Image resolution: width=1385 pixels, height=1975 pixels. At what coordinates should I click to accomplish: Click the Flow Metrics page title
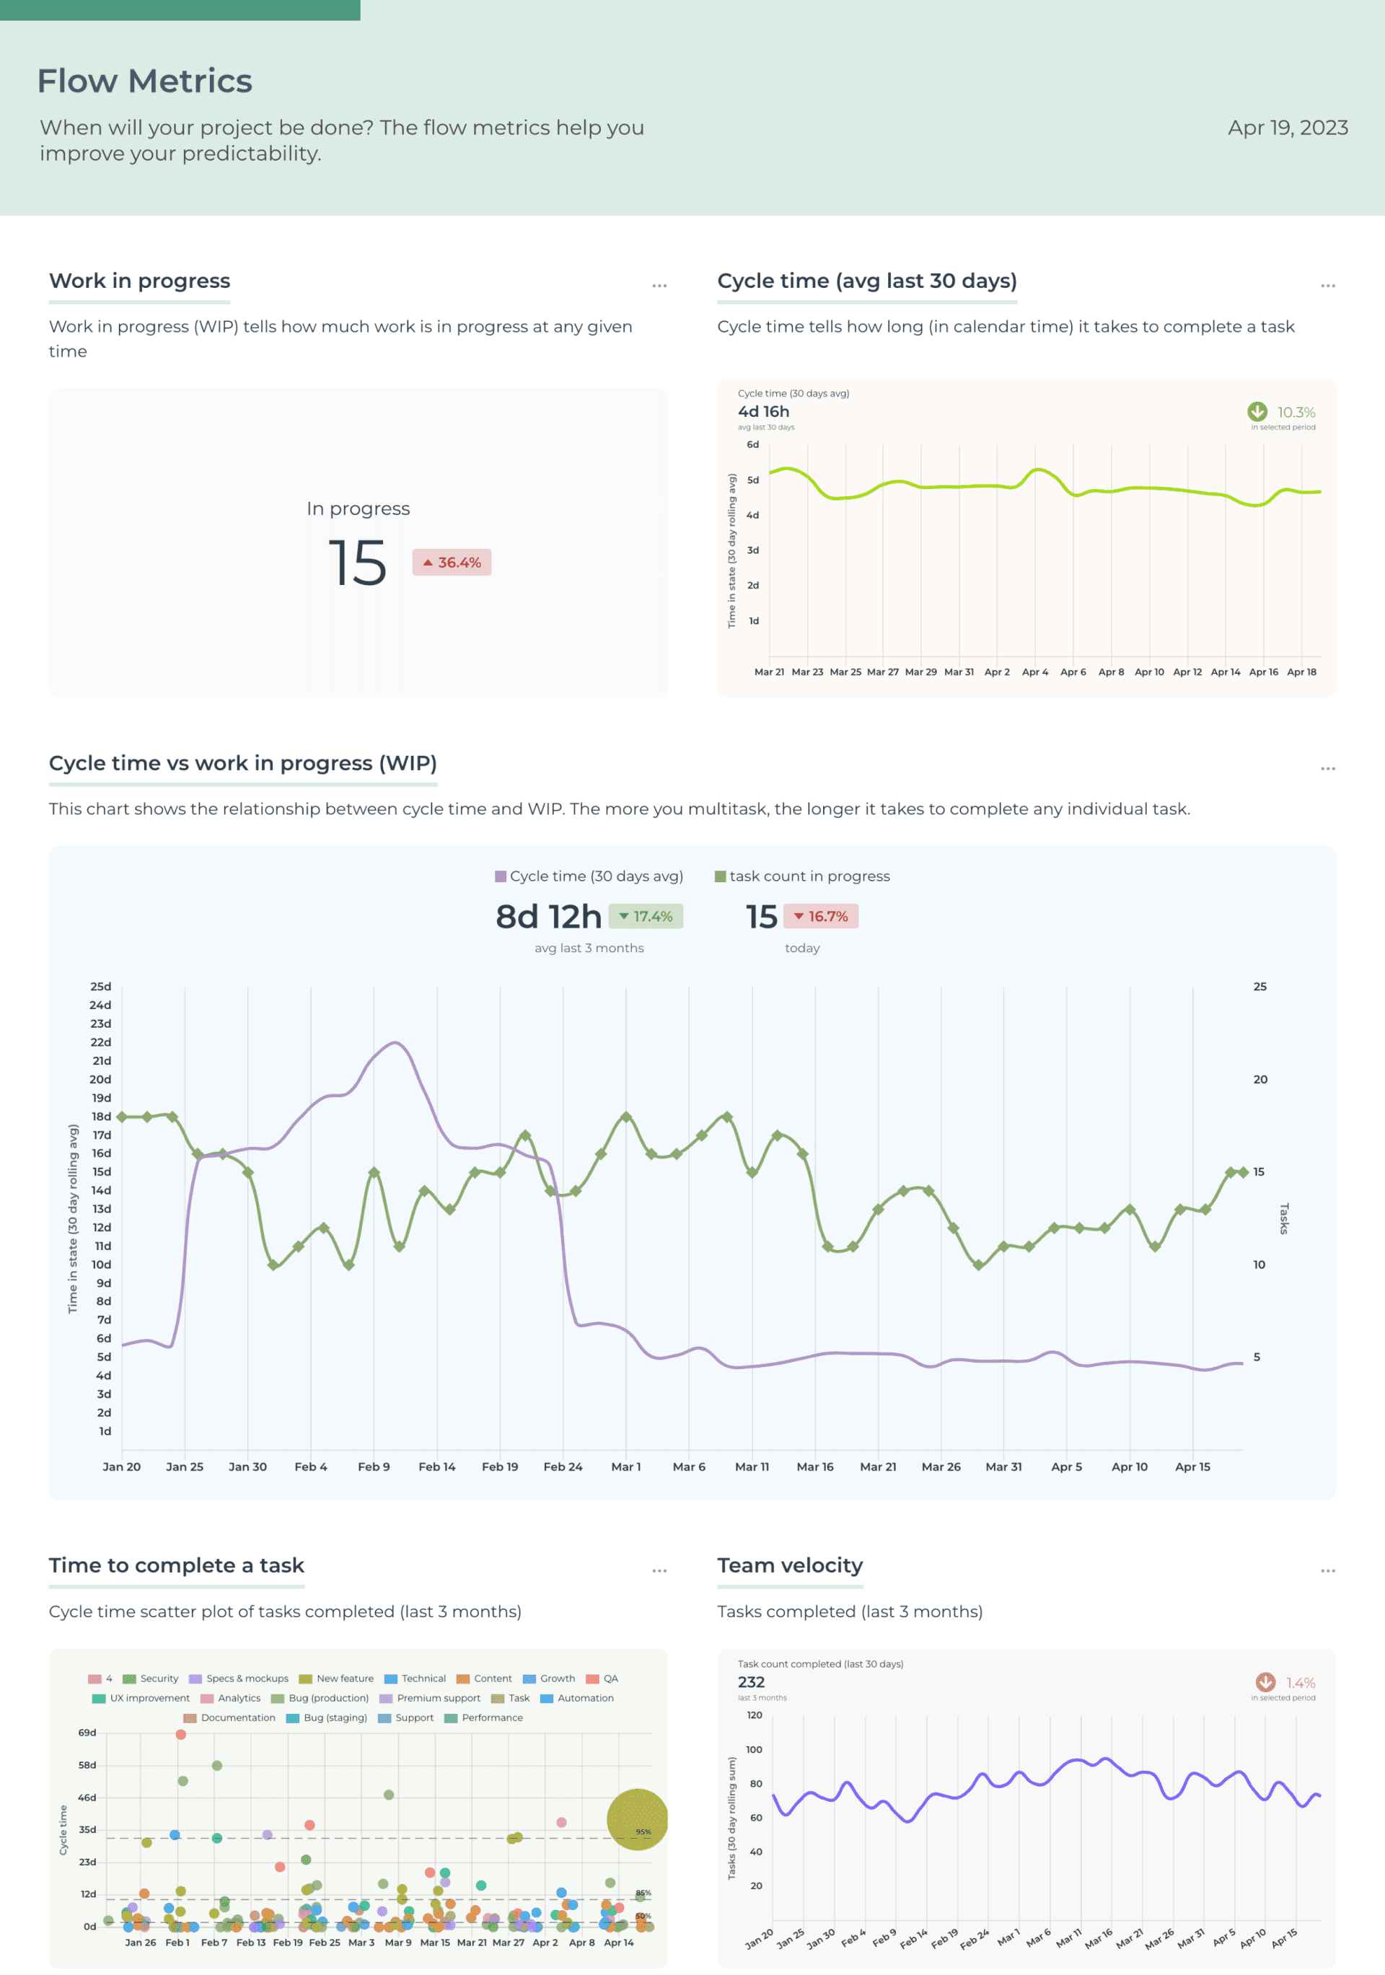(x=144, y=81)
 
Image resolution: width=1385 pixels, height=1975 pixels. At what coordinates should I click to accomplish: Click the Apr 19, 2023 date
(x=1287, y=127)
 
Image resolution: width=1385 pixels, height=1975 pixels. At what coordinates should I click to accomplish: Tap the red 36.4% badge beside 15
(x=452, y=563)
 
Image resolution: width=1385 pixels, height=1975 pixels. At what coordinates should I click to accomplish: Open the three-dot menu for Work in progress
(x=659, y=286)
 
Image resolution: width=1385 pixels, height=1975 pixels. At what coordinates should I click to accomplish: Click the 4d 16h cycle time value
(x=763, y=411)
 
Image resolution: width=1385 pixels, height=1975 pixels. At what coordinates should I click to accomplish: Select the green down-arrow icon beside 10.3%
(x=1257, y=411)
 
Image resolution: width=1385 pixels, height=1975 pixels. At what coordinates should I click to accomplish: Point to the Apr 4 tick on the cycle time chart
(x=1035, y=672)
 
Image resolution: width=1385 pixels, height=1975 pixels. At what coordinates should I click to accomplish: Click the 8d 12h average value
(x=548, y=917)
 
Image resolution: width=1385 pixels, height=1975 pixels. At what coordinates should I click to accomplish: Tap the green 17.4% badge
(x=646, y=917)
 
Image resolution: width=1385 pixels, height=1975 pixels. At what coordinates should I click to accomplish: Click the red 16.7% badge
(x=821, y=917)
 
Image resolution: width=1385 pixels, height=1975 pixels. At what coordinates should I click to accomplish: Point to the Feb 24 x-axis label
(x=563, y=1466)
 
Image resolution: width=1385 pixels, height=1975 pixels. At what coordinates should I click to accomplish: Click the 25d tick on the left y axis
(x=101, y=986)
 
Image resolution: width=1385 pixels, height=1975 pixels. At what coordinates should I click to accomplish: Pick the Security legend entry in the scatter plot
(x=151, y=1679)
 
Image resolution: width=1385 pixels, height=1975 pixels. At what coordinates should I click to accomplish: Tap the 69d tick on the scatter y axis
(x=88, y=1733)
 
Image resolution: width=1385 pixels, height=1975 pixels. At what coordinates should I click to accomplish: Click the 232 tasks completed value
(x=751, y=1681)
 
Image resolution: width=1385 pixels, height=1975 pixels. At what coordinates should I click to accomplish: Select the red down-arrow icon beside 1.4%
(x=1265, y=1681)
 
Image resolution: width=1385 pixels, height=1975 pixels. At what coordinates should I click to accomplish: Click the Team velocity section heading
(x=790, y=1565)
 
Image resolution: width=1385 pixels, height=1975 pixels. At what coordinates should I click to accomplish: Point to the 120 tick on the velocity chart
(x=754, y=1715)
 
